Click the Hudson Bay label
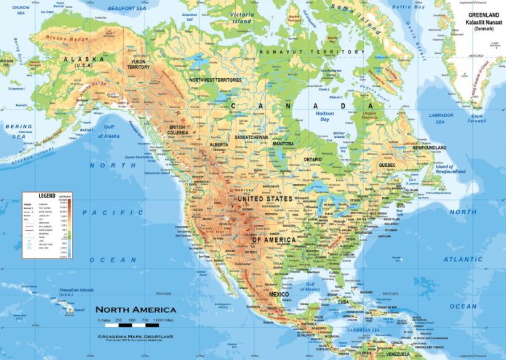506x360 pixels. pyautogui.click(x=324, y=117)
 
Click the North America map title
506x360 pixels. pyautogui.click(x=135, y=310)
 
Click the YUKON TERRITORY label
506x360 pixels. pyautogui.click(x=139, y=63)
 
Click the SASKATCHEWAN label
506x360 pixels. pyautogui.click(x=251, y=137)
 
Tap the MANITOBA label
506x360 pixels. pyautogui.click(x=284, y=143)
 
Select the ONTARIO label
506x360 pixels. pyautogui.click(x=313, y=159)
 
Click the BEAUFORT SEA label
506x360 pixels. pyautogui.click(x=127, y=7)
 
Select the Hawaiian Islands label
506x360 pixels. pyautogui.click(x=76, y=290)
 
